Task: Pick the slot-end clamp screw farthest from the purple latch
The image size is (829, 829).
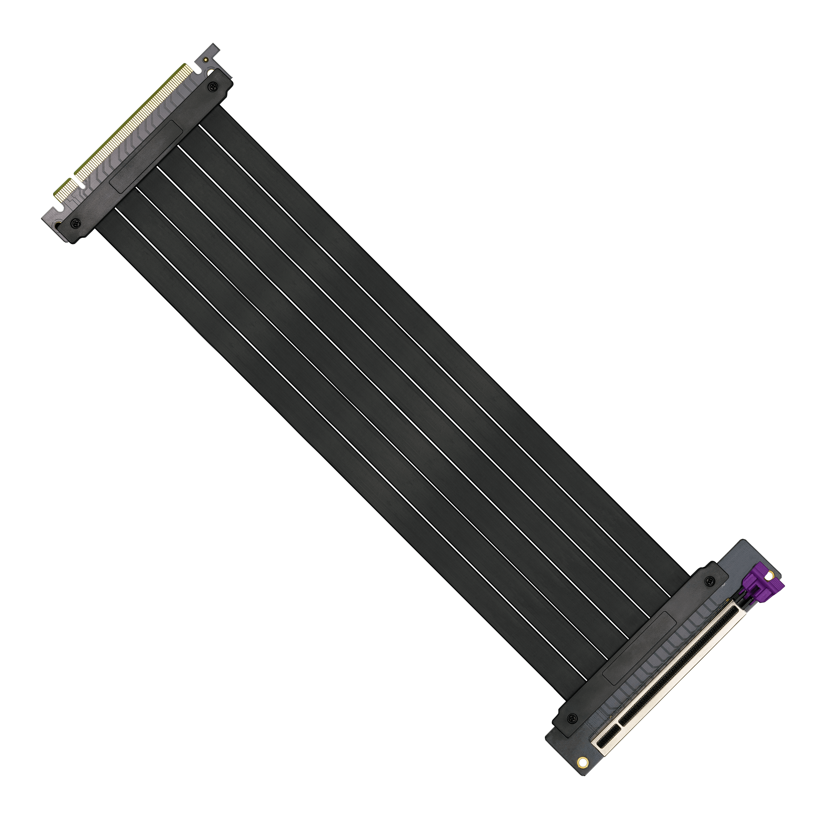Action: pyautogui.click(x=572, y=718)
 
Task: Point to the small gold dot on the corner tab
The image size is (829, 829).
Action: pyautogui.click(x=206, y=60)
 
